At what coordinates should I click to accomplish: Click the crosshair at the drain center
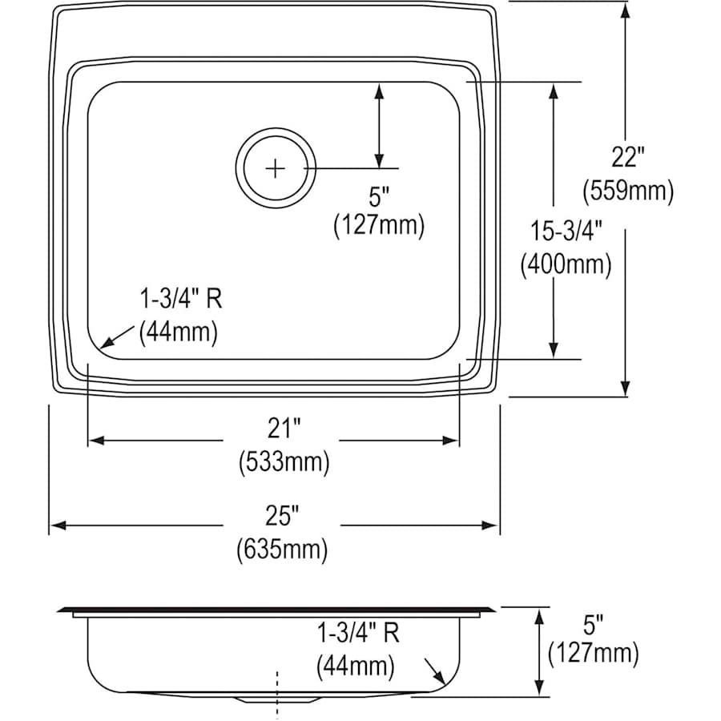[x=275, y=168]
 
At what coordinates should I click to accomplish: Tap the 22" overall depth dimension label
[x=628, y=157]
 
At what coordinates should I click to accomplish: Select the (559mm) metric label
[x=628, y=191]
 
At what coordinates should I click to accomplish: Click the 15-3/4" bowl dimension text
[x=565, y=232]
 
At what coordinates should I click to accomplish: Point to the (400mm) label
[x=565, y=264]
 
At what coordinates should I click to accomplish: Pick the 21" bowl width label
[x=284, y=429]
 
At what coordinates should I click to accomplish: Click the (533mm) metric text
[x=284, y=462]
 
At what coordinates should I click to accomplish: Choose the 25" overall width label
[x=282, y=516]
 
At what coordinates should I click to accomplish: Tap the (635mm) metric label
[x=282, y=550]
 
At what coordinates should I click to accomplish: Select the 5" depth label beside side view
[x=594, y=622]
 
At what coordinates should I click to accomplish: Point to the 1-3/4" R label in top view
[x=180, y=300]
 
